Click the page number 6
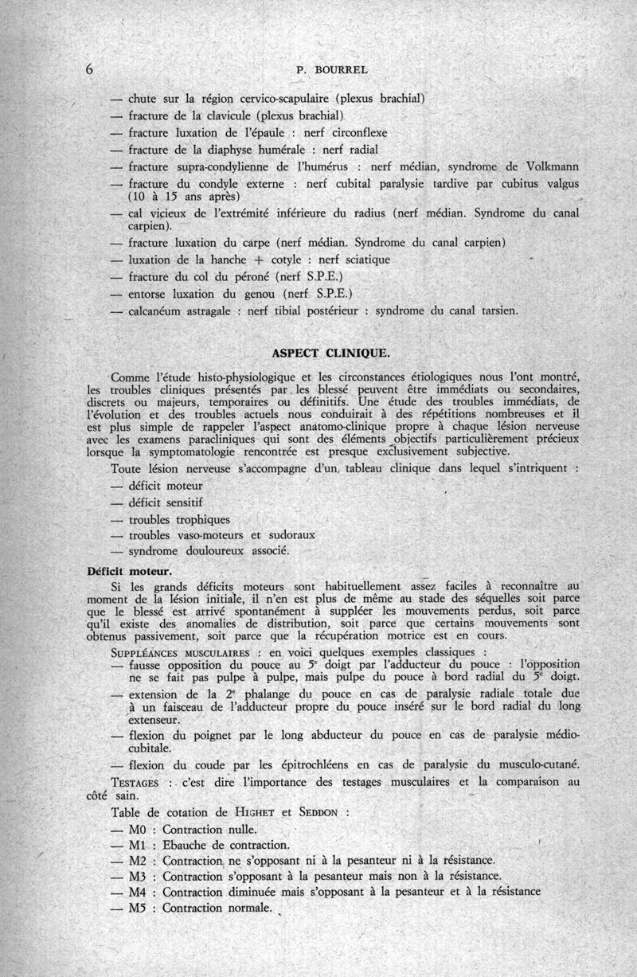click(x=89, y=70)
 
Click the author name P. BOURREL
click(x=332, y=70)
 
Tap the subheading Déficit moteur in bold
click(x=130, y=571)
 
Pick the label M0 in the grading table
click(x=139, y=830)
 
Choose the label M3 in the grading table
click(x=139, y=876)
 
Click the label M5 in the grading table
click(x=139, y=907)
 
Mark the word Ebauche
click(x=188, y=845)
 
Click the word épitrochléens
click(x=285, y=765)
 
